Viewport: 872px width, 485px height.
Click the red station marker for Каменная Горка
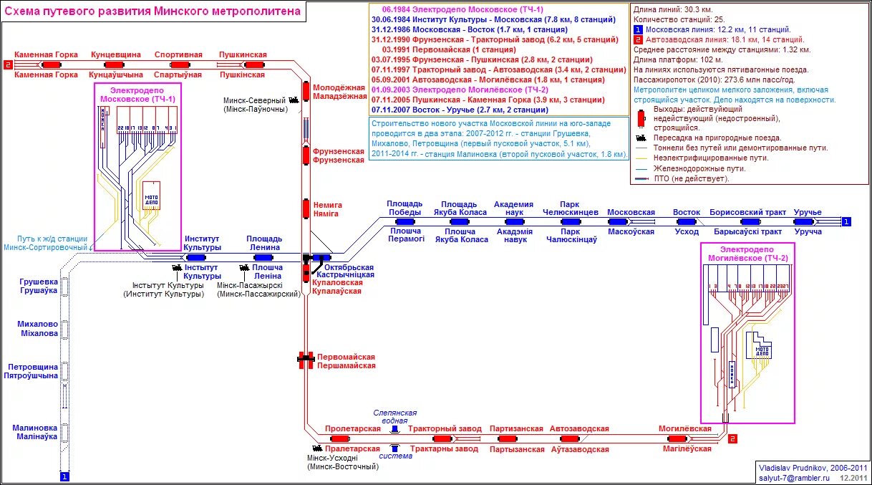coord(51,64)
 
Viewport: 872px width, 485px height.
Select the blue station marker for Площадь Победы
coord(405,222)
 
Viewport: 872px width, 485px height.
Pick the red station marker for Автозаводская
coord(570,438)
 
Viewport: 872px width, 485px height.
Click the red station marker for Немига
coord(306,208)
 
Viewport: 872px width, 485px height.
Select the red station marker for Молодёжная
coord(306,92)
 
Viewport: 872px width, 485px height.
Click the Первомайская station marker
coord(306,360)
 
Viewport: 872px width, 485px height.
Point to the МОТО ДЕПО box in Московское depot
coord(151,195)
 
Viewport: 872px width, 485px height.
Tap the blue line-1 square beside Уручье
coord(847,222)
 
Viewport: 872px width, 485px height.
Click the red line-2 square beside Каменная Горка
coord(8,64)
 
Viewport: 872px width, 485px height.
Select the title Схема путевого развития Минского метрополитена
coord(153,11)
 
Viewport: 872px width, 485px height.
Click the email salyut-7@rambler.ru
coord(794,476)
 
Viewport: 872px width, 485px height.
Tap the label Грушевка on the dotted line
coord(39,282)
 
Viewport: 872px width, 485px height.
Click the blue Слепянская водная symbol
coord(394,428)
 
